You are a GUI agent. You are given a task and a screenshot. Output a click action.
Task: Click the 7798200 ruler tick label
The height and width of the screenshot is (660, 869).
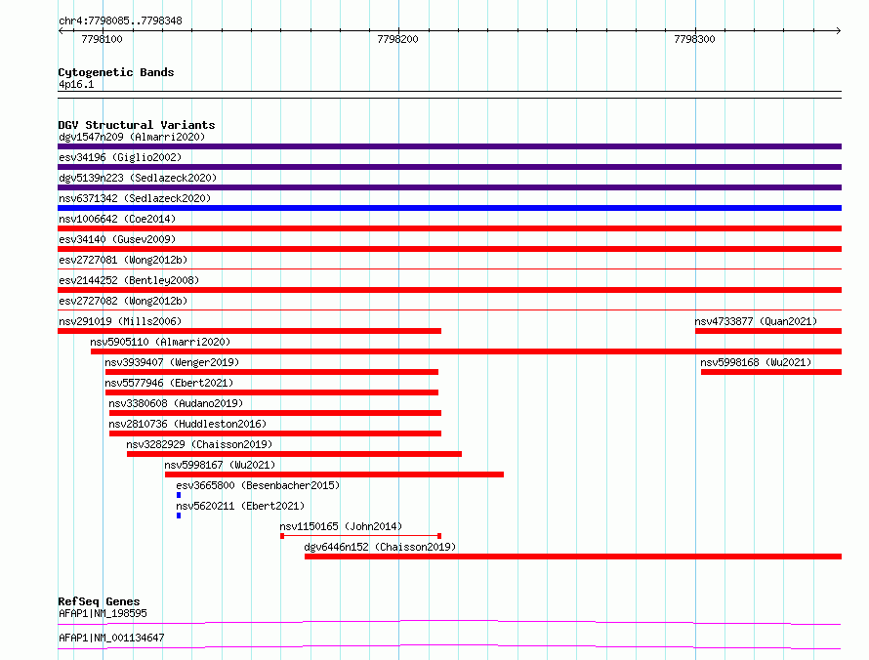[x=397, y=39]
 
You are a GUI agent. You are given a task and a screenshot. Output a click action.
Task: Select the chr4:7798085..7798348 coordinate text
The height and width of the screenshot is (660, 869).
[x=120, y=21]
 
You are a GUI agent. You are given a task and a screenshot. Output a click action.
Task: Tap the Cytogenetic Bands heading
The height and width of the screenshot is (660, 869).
[x=116, y=72]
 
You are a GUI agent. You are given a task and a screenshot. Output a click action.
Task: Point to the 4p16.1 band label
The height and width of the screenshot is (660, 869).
[x=76, y=84]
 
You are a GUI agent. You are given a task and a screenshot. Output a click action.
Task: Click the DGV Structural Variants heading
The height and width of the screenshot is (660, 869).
[x=137, y=125]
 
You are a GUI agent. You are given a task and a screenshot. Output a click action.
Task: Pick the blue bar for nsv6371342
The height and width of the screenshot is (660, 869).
[x=449, y=208]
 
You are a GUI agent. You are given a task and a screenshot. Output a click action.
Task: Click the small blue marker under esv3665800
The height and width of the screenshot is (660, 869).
[x=179, y=495]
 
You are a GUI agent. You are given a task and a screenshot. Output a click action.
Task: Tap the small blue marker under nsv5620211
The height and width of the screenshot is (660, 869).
[x=179, y=516]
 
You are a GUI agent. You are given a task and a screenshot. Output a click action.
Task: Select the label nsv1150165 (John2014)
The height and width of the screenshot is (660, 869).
[x=341, y=526]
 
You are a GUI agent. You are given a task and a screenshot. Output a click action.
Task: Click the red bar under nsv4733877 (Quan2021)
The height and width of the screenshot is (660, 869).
[x=768, y=331]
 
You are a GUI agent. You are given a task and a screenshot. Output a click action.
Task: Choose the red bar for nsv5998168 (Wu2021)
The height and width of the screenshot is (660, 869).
[x=771, y=372]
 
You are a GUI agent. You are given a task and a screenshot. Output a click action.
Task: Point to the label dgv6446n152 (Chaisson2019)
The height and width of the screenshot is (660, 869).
[x=380, y=547]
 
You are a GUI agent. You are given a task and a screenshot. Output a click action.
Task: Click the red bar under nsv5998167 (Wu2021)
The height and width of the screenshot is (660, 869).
[x=334, y=474]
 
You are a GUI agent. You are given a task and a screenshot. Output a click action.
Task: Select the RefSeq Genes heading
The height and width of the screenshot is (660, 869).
[x=99, y=601]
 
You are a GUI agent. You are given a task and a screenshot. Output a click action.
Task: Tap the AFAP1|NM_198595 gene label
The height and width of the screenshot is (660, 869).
[x=103, y=613]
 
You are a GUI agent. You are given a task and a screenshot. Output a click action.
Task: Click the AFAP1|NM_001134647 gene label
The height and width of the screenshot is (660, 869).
[x=111, y=638]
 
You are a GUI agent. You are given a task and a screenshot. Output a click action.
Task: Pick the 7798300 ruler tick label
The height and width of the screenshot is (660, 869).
[x=694, y=39]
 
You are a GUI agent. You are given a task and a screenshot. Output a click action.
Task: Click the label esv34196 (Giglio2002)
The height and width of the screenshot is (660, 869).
[x=120, y=157]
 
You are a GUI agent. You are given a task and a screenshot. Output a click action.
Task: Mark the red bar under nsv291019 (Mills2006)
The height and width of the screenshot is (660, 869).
[x=249, y=331]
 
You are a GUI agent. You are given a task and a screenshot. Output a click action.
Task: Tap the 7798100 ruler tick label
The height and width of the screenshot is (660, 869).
[x=102, y=39]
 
